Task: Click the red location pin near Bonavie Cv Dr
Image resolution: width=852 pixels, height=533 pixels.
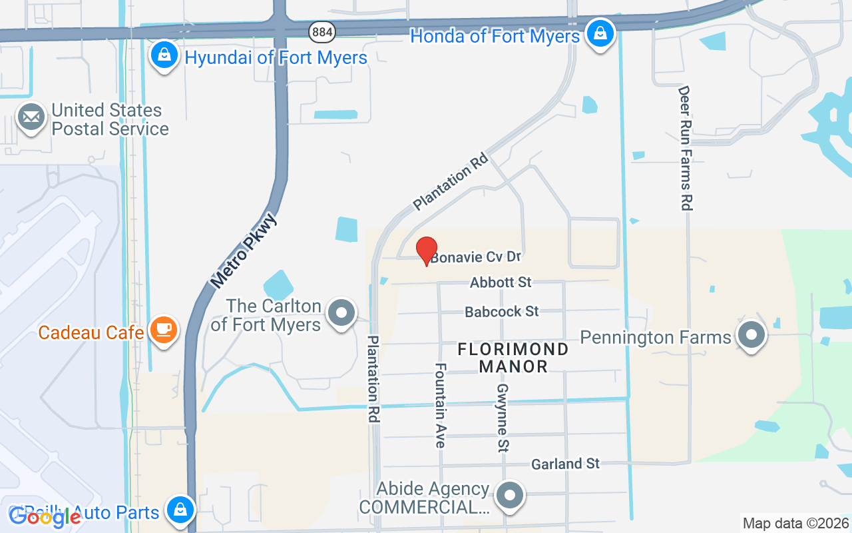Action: (427, 251)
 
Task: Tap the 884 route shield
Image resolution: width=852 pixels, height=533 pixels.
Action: (321, 31)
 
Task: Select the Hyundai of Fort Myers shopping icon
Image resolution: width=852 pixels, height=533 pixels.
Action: (163, 55)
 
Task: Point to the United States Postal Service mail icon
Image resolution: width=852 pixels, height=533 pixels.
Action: (31, 117)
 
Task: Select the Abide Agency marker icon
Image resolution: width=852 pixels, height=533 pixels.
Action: (511, 494)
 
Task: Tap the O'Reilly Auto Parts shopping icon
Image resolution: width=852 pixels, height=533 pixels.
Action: (180, 510)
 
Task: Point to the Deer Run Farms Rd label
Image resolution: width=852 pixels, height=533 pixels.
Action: (685, 148)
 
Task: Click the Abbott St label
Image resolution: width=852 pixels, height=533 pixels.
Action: (501, 282)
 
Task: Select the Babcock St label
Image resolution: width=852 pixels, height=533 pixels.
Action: (501, 311)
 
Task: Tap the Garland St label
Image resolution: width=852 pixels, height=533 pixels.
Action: (565, 463)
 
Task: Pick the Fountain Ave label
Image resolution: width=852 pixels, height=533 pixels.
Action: (441, 404)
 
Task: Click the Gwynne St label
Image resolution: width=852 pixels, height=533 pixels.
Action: (503, 418)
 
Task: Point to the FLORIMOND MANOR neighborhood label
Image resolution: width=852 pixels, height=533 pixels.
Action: (513, 358)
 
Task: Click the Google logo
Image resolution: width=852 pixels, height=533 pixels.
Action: (45, 516)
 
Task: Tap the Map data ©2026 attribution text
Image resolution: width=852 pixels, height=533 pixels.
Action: (795, 523)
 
